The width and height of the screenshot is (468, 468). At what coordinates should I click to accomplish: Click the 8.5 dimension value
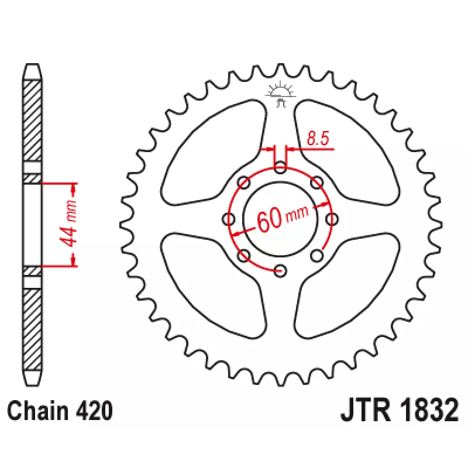pyautogui.click(x=318, y=138)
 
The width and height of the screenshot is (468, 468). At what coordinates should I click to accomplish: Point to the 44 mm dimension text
pyautogui.click(x=68, y=224)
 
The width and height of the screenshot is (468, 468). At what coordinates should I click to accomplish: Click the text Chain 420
pyautogui.click(x=60, y=411)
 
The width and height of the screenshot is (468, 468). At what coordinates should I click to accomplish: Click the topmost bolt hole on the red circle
pyautogui.click(x=280, y=168)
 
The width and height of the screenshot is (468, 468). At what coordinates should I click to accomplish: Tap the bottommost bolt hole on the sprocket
pyautogui.click(x=280, y=271)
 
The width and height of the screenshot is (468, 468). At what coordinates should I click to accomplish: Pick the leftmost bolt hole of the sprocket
pyautogui.click(x=229, y=219)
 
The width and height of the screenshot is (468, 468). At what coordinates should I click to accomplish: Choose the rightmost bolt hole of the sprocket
pyautogui.click(x=332, y=219)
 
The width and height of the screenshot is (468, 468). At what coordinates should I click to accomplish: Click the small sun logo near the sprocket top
pyautogui.click(x=280, y=94)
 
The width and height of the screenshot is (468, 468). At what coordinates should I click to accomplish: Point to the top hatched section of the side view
pyautogui.click(x=32, y=121)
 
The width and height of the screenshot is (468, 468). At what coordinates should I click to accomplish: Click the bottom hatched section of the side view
pyautogui.click(x=32, y=330)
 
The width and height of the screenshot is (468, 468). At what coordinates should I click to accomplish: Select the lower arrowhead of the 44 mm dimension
pyautogui.click(x=74, y=260)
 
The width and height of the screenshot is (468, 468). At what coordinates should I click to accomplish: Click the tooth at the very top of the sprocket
pyautogui.click(x=280, y=69)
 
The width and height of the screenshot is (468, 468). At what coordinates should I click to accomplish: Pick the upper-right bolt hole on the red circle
pyautogui.click(x=316, y=183)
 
